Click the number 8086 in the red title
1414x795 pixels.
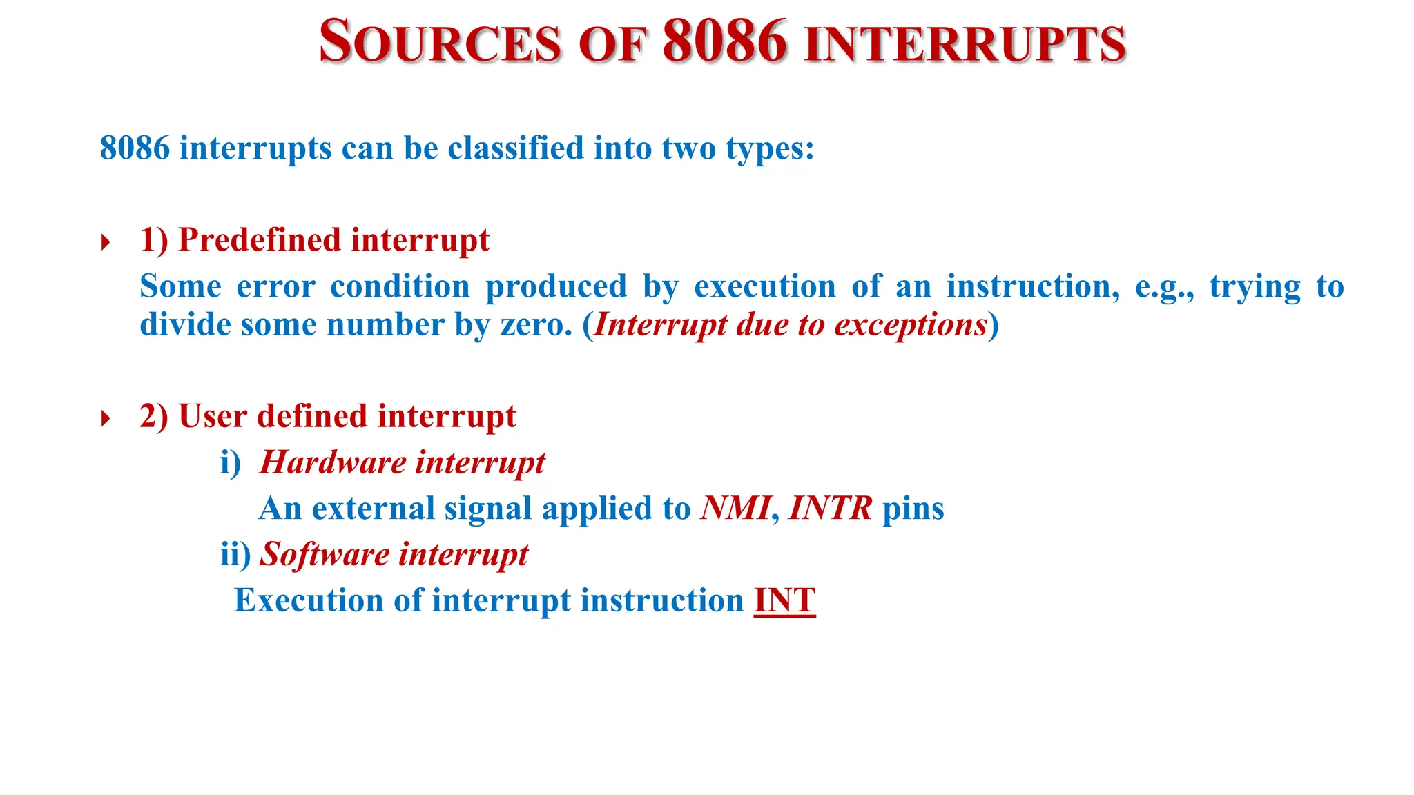(724, 41)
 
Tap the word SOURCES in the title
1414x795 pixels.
(440, 43)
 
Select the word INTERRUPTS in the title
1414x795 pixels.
(965, 44)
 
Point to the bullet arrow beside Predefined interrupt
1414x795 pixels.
(106, 242)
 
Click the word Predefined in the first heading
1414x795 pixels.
(260, 240)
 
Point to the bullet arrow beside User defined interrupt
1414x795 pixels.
(106, 418)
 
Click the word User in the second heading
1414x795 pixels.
(213, 416)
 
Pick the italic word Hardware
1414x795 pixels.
(333, 462)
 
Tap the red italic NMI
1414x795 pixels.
(735, 509)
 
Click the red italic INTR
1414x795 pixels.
(830, 509)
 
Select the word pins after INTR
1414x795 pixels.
(913, 509)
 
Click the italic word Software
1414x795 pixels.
(325, 554)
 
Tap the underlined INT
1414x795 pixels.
(784, 600)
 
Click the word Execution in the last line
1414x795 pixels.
(308, 600)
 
